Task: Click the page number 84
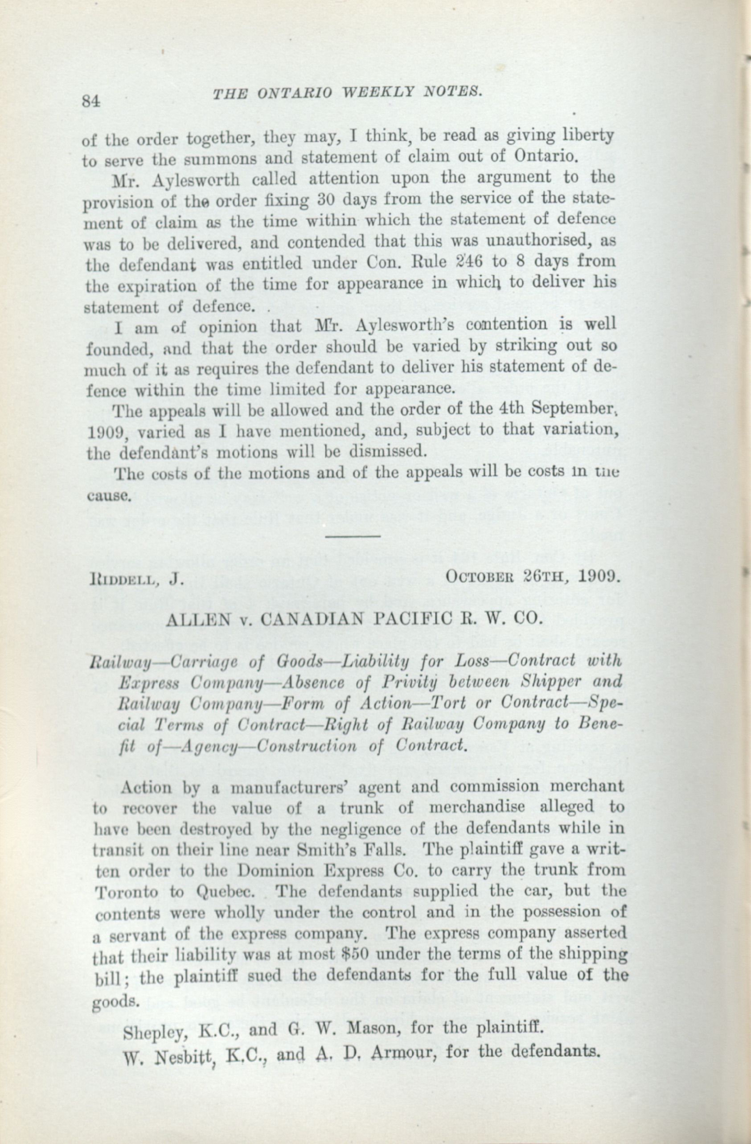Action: pyautogui.click(x=90, y=101)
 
